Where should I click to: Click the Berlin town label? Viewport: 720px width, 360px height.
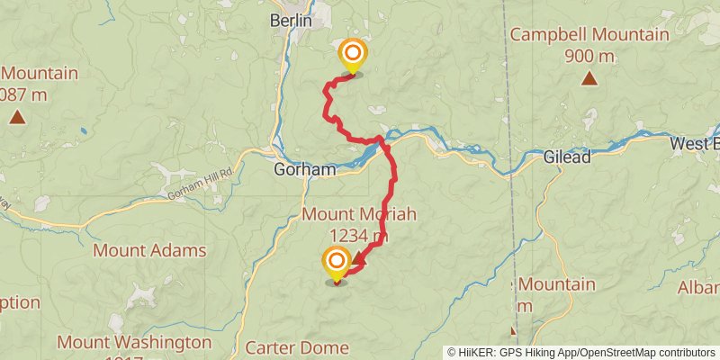[x=291, y=20]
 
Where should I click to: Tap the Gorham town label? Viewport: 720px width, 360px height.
[x=305, y=168]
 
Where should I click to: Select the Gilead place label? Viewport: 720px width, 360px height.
[x=567, y=157]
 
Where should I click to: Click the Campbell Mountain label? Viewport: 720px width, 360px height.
[x=589, y=35]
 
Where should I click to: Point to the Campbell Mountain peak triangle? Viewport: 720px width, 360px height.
[x=589, y=78]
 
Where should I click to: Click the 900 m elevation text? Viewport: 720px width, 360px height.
[x=589, y=56]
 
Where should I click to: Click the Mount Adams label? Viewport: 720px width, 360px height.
[x=149, y=250]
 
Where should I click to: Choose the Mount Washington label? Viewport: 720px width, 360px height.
[x=134, y=342]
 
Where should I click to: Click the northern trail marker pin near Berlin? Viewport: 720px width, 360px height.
[x=352, y=56]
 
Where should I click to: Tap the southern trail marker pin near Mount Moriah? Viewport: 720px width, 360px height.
[x=337, y=265]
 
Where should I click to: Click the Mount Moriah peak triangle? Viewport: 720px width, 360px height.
[x=359, y=259]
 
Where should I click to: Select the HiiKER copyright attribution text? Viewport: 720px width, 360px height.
[x=580, y=352]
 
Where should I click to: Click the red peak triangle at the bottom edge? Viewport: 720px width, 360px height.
[x=513, y=331]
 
